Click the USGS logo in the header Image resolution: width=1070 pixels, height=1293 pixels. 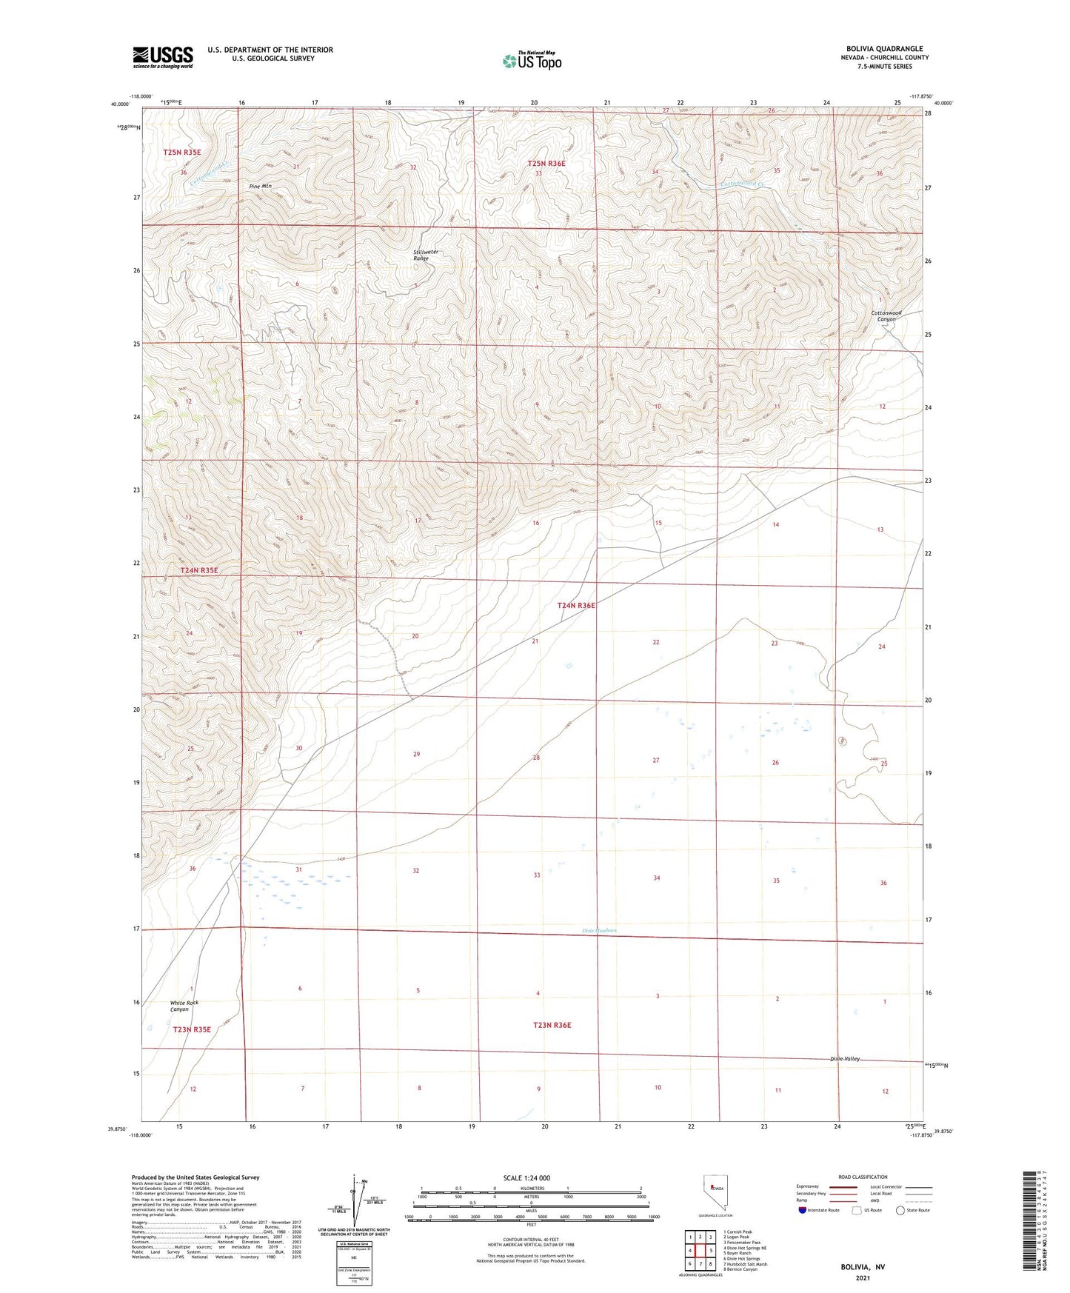pos(163,57)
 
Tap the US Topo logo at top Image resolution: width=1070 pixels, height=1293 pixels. pos(531,61)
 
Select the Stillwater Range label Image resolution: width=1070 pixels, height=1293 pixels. pos(426,255)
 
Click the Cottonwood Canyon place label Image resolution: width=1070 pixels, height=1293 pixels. pos(886,316)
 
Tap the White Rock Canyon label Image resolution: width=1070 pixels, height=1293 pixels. pos(184,1006)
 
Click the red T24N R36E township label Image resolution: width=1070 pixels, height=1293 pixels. pos(576,605)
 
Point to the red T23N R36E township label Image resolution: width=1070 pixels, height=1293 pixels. pos(552,1025)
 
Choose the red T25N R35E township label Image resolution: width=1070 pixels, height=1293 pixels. pos(182,152)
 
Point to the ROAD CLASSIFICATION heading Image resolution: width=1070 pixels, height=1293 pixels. pos(862,1177)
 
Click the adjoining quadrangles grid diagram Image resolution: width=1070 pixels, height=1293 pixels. pos(699,1251)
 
